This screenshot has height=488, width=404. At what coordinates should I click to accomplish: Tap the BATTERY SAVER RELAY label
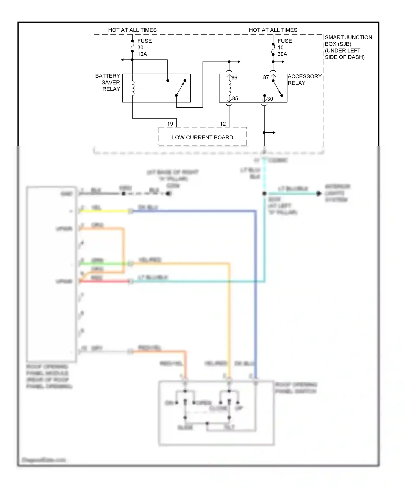point(108,82)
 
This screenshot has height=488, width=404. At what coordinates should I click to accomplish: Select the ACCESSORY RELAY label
point(304,80)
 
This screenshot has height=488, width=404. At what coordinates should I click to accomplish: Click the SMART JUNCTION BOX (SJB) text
point(348,47)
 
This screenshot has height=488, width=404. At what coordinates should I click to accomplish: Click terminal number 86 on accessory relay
point(234,78)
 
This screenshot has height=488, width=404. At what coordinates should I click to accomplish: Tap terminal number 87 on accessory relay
point(266,77)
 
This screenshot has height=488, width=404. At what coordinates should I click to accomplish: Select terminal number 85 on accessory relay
point(235,98)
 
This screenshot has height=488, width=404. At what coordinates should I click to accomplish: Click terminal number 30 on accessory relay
point(270,99)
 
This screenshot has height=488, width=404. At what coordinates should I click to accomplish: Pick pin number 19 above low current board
point(170,124)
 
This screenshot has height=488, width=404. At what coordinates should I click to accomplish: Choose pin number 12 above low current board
point(223,124)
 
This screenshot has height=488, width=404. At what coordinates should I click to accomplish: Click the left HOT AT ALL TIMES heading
point(132,30)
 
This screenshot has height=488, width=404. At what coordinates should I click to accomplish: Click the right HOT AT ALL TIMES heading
point(273,30)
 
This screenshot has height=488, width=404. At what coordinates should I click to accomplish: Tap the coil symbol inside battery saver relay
point(133,88)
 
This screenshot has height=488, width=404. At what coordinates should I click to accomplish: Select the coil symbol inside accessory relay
point(229,88)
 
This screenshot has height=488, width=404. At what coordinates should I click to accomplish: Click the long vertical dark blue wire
point(255,296)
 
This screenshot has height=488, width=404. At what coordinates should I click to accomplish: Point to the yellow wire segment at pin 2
point(105,211)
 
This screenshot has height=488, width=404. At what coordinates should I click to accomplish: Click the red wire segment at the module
point(105,281)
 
